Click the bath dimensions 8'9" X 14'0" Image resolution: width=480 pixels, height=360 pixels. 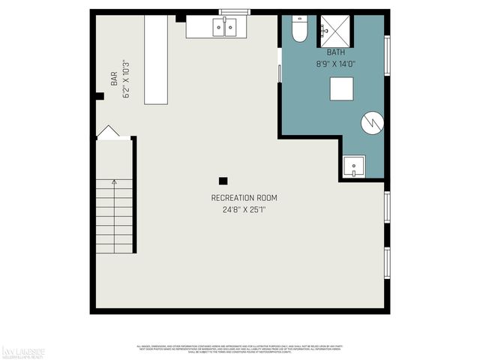[x=335, y=64]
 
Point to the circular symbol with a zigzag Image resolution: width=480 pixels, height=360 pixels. [x=372, y=123]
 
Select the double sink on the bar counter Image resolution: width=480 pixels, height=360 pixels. [x=224, y=28]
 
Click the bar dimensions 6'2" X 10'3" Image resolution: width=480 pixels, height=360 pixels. [x=126, y=81]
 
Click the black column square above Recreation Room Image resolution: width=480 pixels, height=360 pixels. [x=223, y=181]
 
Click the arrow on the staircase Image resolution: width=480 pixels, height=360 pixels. [x=114, y=182]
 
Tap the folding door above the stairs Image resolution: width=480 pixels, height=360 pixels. [x=108, y=132]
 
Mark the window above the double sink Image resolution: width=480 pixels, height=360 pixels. [x=229, y=11]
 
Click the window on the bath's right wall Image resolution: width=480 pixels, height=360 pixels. [x=388, y=57]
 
